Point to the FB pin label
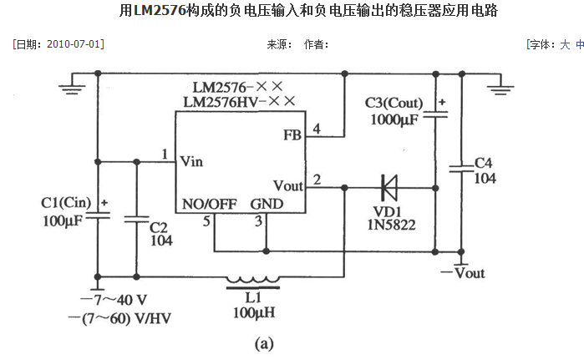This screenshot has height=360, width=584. (292, 134)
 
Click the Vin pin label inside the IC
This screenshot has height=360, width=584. (193, 160)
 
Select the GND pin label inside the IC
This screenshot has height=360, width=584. (267, 204)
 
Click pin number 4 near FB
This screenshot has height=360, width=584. (316, 129)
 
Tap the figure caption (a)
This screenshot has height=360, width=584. (263, 342)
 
